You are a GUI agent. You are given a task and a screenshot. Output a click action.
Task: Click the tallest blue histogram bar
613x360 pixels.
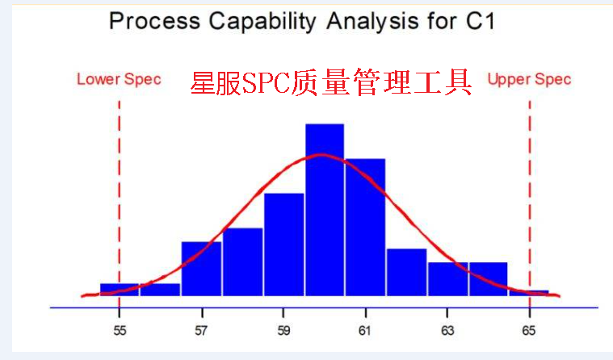click(325, 210)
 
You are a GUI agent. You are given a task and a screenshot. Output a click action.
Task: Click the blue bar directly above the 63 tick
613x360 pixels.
click(447, 278)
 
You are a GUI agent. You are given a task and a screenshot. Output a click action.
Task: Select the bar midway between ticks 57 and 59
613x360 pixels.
click(242, 262)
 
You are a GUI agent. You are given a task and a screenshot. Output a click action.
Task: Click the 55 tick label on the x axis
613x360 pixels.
click(119, 331)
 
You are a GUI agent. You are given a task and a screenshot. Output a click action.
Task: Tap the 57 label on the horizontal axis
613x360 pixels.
click(201, 331)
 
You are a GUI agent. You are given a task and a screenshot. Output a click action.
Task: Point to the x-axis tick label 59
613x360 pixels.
click(283, 331)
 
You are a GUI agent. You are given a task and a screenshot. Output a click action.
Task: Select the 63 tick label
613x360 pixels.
click(447, 331)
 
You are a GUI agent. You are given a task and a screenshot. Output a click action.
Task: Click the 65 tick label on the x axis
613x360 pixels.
click(529, 331)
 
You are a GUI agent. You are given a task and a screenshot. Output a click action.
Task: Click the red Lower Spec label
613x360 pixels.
click(119, 79)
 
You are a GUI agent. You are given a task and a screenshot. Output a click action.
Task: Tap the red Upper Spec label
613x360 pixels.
click(529, 79)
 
